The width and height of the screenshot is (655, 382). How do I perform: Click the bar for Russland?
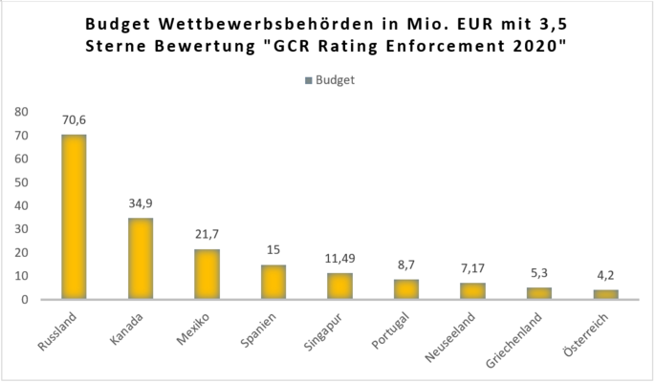point(74,217)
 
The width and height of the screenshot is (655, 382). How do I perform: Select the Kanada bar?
point(141,259)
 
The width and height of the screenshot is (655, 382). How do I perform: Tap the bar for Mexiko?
point(207,274)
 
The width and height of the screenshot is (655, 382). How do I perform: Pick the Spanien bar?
point(273,282)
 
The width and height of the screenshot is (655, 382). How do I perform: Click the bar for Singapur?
point(340,286)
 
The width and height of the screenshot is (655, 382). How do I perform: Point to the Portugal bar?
point(406,289)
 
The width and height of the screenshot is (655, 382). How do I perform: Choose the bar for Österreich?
point(606,294)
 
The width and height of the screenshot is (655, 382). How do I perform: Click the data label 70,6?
point(74,121)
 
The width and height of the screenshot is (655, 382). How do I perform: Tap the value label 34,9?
point(141,204)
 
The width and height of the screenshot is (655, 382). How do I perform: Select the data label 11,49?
point(340,259)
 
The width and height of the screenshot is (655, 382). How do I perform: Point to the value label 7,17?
point(473,269)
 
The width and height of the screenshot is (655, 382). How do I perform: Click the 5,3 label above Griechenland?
point(539,274)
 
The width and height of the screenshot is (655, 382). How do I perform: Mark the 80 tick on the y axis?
point(21,112)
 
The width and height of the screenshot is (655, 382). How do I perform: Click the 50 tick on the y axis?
point(21,182)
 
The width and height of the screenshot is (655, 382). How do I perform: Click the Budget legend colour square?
point(309,80)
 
